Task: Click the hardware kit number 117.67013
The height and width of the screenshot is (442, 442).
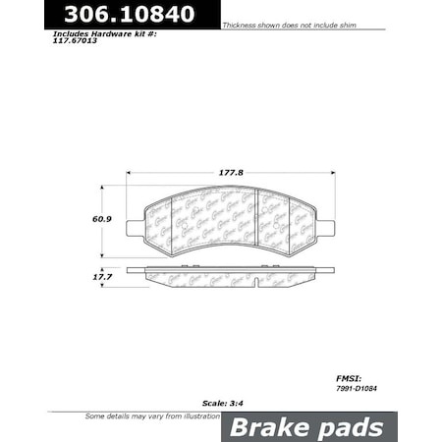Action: [83, 42]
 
